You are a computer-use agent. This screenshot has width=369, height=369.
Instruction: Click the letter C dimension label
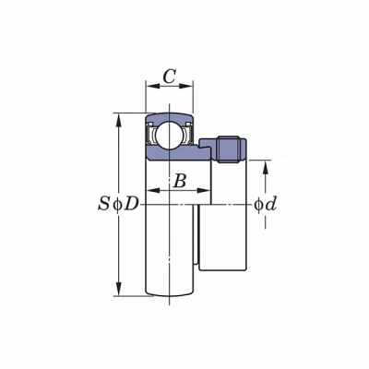[x=169, y=77]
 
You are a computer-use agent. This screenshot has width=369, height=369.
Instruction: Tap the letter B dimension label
[x=180, y=181]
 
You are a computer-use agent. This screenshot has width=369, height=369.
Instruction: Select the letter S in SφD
[x=103, y=204]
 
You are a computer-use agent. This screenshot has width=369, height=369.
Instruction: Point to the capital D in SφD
[x=131, y=204]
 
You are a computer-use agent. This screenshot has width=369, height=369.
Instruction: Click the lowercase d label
[x=270, y=204]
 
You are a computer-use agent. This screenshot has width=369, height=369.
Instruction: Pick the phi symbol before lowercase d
[x=258, y=205]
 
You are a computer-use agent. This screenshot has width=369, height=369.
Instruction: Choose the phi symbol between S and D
[x=117, y=204]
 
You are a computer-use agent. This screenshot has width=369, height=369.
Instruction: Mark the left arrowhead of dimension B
[x=153, y=191]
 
